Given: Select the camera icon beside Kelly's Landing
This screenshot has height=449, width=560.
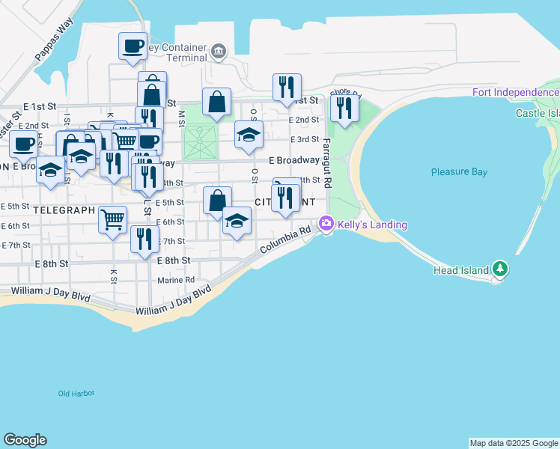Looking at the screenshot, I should (326, 223).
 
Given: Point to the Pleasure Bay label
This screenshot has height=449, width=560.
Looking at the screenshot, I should (459, 171).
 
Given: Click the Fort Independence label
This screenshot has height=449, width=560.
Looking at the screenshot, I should (515, 92).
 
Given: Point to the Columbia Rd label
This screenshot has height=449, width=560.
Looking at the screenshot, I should (285, 241).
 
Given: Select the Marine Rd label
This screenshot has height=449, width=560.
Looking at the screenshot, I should (176, 281).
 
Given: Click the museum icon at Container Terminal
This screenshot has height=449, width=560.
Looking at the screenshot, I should (219, 51).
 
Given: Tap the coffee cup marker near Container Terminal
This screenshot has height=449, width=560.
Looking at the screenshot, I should (133, 46).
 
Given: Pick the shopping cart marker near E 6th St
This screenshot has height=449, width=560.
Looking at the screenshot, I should (112, 219).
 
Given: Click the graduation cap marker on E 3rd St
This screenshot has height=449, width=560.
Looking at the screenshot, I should (249, 135).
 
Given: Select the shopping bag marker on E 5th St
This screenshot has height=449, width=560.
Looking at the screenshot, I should (217, 201).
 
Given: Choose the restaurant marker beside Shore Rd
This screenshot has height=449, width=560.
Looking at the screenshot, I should (344, 108).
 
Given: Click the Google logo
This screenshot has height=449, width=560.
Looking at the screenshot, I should (25, 440).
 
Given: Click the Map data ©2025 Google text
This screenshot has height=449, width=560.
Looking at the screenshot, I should (514, 443).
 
